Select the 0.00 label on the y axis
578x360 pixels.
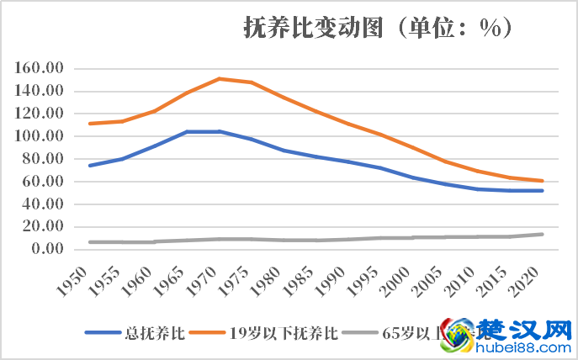(47, 249)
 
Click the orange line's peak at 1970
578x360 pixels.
(219, 78)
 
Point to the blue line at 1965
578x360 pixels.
(187, 131)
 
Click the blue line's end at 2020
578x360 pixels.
(542, 191)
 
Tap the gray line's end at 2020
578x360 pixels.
(542, 234)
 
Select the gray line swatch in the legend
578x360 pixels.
(363, 332)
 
